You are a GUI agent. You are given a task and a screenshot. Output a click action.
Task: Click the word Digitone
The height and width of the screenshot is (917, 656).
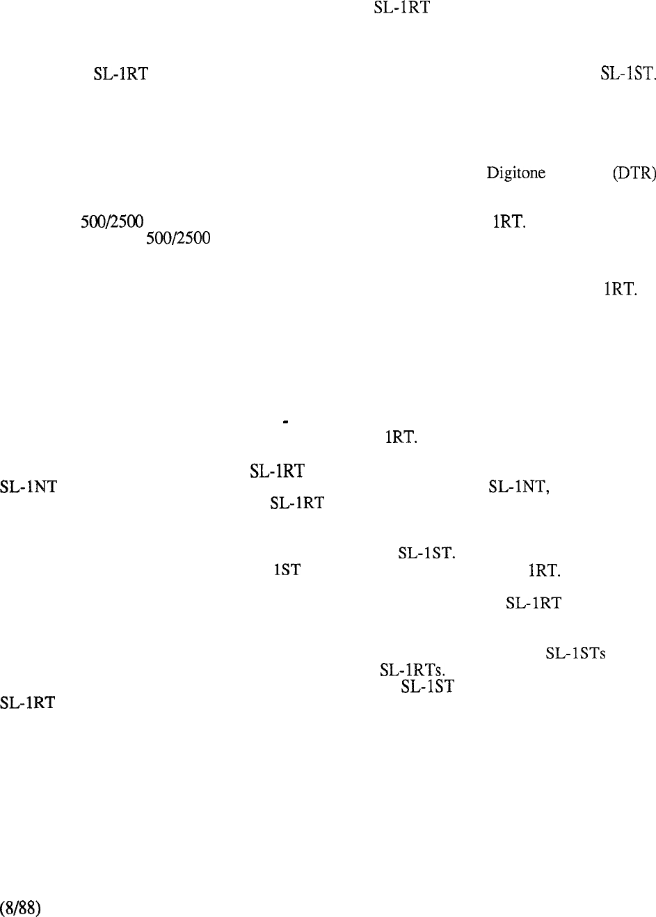[x=515, y=173]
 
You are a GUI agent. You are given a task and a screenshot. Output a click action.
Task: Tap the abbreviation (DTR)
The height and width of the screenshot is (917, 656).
[x=634, y=173]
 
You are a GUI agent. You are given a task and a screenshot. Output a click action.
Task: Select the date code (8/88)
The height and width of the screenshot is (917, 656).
[x=20, y=907]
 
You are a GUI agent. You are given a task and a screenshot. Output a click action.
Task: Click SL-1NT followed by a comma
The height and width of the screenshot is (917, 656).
[x=518, y=487]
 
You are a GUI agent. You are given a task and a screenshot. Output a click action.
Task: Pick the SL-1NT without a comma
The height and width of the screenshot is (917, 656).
[x=29, y=487]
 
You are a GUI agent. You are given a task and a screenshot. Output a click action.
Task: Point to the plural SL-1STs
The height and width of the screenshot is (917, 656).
[x=575, y=653]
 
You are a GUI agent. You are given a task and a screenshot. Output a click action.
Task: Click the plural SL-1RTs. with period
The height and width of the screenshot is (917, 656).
[x=412, y=670]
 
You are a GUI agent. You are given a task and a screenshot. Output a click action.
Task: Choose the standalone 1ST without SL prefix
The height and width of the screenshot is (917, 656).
[x=287, y=570]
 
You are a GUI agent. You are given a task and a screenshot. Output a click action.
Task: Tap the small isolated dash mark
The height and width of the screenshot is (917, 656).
[x=285, y=421]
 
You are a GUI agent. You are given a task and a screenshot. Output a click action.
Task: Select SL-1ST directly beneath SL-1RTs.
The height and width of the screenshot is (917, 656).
[x=427, y=686]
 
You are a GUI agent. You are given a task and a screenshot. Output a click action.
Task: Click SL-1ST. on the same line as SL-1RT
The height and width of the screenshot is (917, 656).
[x=627, y=74]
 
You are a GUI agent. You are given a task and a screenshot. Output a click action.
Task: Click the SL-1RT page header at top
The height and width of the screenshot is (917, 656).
[x=401, y=8]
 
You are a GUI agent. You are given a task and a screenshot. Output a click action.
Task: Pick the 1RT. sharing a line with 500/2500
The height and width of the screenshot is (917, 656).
[x=509, y=222]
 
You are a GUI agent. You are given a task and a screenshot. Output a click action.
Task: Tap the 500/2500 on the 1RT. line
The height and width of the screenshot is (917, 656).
[x=111, y=222]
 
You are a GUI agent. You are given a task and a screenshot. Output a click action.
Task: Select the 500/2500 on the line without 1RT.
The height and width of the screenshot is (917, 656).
[x=178, y=238]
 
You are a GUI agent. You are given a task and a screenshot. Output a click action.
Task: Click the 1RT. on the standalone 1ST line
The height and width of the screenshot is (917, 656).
[x=544, y=570]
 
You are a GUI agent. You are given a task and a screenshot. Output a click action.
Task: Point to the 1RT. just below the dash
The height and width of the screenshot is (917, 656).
[x=401, y=437]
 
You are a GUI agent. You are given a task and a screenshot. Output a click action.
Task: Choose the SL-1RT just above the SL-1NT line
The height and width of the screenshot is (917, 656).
[x=277, y=471]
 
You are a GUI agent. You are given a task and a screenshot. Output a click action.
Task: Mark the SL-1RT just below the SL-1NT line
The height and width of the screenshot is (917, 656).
[x=297, y=503]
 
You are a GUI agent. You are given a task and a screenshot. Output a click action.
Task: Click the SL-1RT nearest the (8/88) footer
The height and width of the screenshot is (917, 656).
[x=27, y=703]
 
